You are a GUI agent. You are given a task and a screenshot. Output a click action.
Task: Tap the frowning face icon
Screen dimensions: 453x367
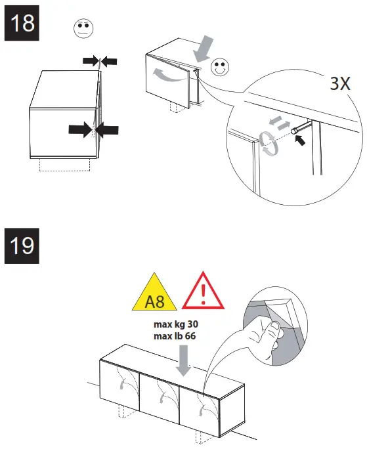click(82, 29)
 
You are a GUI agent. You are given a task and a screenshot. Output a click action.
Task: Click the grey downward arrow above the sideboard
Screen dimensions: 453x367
click(184, 362)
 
